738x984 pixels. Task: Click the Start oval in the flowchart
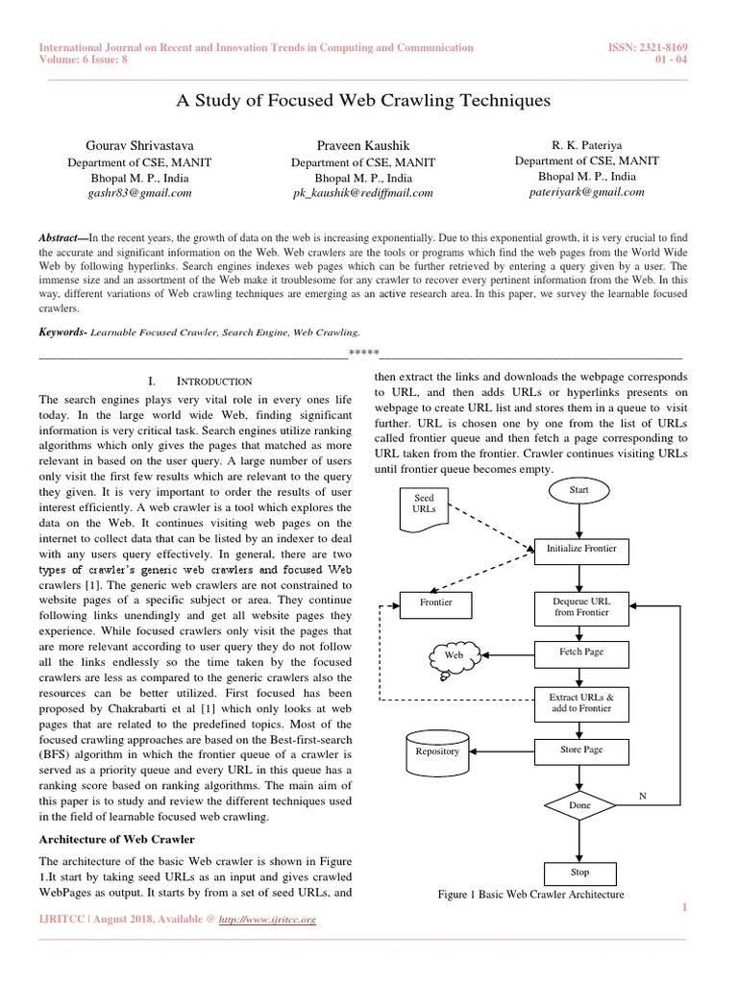579,490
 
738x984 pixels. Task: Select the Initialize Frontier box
581,549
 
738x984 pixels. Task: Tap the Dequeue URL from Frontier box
581,606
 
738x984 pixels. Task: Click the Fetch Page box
581,652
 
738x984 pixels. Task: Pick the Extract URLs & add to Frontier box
581,702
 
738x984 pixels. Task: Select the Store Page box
581,750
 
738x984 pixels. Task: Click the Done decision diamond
580,804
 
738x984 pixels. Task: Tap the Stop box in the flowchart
580,873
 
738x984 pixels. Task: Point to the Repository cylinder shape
437,751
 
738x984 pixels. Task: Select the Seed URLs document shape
424,505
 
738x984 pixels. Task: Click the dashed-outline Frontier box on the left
435,603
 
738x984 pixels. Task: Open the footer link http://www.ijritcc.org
267,920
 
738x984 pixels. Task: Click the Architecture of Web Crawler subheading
117,839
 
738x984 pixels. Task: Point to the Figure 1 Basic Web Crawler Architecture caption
530,895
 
